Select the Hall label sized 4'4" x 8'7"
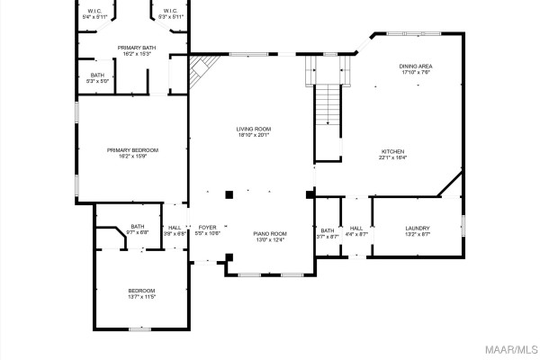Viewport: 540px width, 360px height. pos(356,231)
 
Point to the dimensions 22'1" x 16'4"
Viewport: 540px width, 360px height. pos(392,157)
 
